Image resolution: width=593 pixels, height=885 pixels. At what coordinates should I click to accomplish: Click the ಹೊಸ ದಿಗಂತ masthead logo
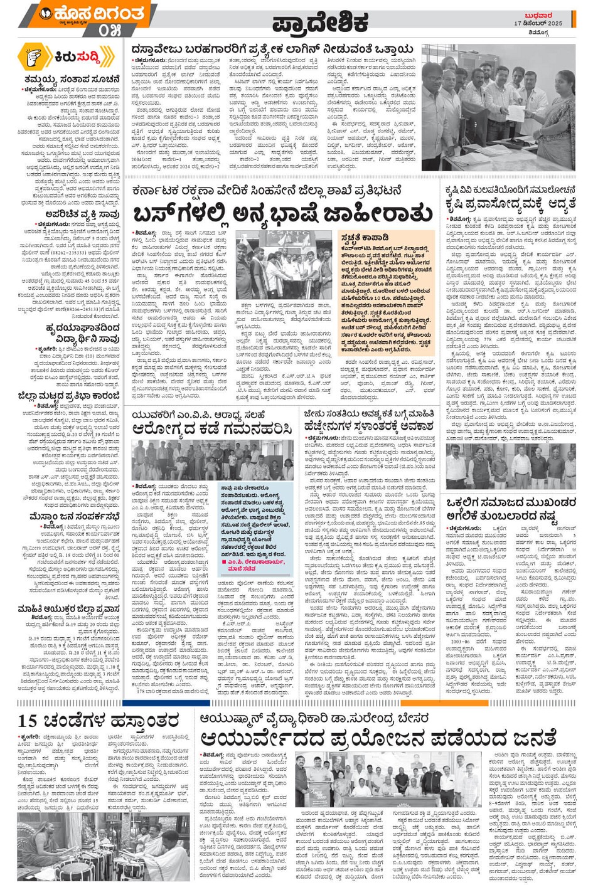(94, 13)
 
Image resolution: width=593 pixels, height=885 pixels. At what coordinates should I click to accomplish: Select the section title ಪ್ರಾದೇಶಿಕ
(320, 24)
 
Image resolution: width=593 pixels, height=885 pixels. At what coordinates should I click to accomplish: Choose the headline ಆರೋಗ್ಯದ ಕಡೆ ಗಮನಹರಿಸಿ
(213, 428)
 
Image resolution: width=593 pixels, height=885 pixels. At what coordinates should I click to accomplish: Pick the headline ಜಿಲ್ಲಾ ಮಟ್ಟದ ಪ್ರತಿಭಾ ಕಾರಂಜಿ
(69, 396)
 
